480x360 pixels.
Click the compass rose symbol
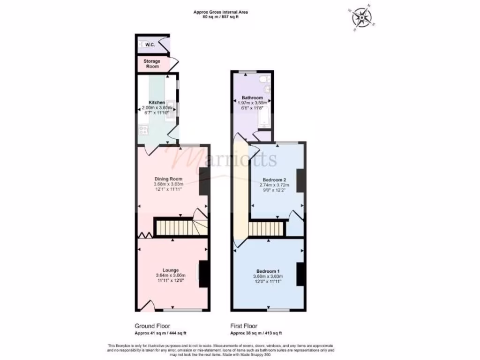[x=362, y=17]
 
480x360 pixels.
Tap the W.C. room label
[x=150, y=45]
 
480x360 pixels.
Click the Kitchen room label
[x=157, y=102]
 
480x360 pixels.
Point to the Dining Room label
[x=168, y=179]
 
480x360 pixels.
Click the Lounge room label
[x=171, y=270]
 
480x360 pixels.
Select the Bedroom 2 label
[x=274, y=180]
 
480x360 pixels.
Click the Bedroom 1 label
[x=268, y=271]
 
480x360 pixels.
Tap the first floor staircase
[x=266, y=229]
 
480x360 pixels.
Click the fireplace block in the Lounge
[x=204, y=274]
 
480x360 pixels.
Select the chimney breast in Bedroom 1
[x=301, y=274]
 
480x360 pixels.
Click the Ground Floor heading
[x=152, y=326]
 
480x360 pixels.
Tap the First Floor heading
[x=244, y=326]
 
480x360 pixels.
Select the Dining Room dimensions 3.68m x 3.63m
[x=168, y=184]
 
